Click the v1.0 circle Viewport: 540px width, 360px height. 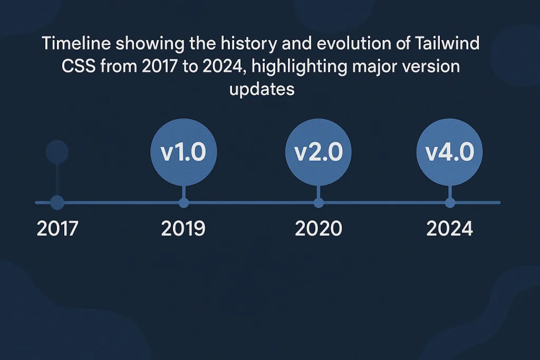click(183, 153)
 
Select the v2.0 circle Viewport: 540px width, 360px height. click(318, 153)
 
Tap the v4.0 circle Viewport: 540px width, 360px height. click(450, 153)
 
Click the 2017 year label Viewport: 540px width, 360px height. click(57, 229)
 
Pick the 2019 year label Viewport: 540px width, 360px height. click(183, 229)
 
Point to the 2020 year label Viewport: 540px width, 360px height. click(318, 229)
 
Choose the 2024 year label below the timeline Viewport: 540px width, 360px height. click(450, 229)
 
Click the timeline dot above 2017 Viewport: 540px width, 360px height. click(57, 202)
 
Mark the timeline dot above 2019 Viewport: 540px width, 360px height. click(184, 202)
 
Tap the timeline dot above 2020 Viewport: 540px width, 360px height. click(319, 202)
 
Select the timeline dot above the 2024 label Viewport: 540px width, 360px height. click(450, 202)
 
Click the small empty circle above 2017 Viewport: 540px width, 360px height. click(57, 152)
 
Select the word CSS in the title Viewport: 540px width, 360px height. click(80, 66)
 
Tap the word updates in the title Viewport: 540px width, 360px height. click(262, 89)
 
